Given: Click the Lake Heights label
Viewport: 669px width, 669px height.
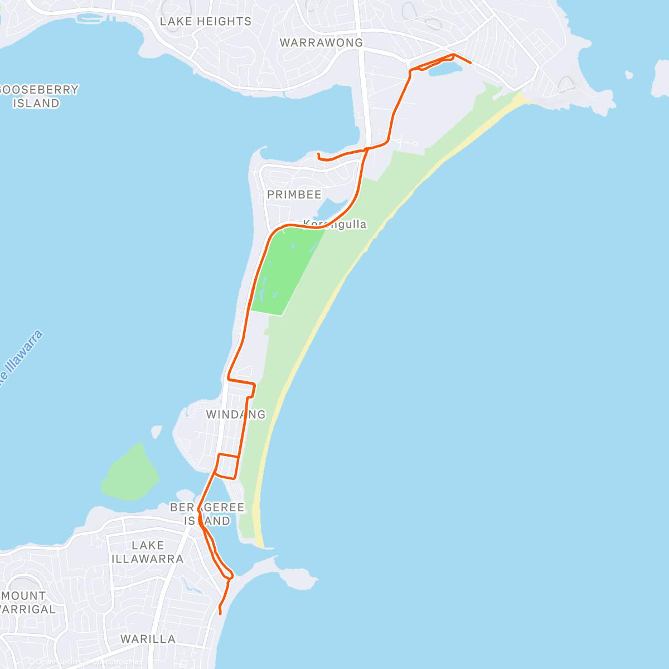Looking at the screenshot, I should [x=206, y=22].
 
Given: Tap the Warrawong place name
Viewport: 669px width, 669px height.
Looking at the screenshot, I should [x=321, y=43].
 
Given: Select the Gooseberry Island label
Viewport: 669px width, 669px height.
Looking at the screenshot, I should [x=38, y=96].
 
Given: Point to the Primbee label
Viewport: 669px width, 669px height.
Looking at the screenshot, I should [x=294, y=195].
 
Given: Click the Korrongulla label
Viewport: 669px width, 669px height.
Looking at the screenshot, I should [x=335, y=224].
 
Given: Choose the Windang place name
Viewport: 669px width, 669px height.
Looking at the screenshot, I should [x=236, y=414].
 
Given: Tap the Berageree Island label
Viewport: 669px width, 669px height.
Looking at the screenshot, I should [x=207, y=514].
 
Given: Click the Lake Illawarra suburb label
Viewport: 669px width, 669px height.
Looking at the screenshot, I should [x=148, y=552].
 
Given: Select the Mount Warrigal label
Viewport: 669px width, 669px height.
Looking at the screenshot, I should [x=25, y=603].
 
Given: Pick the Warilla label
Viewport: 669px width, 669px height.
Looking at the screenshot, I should [x=148, y=639].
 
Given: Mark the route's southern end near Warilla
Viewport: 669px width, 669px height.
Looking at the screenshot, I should [x=221, y=614].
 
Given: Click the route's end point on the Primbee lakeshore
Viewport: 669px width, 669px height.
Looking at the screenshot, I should [x=318, y=154].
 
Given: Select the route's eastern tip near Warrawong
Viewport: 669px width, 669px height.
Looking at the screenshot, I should [x=472, y=63].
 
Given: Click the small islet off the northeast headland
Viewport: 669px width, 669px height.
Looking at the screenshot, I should [x=629, y=74].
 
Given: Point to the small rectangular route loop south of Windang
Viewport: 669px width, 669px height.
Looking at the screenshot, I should [x=227, y=466].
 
